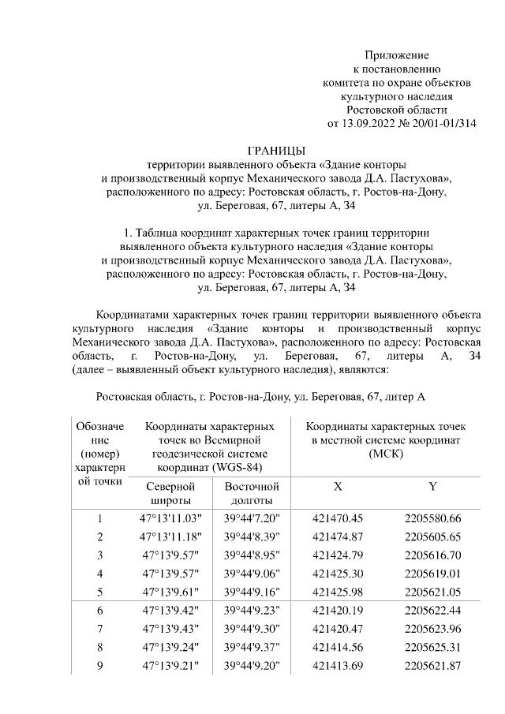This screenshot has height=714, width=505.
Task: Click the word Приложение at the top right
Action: pos(396,55)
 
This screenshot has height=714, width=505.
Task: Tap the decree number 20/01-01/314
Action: pos(443,124)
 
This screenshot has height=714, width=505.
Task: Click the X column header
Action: pos(338,488)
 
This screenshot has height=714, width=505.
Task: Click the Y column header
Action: pos(432,488)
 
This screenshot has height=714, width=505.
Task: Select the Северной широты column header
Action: pos(170,494)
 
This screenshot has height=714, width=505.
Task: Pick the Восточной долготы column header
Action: pos(252,494)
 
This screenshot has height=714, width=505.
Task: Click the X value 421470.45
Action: pos(338,519)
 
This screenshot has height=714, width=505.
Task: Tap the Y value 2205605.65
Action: pos(432,537)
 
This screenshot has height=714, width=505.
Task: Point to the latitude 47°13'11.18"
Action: pos(171,537)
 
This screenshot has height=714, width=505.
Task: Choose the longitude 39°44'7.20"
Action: pos(252,519)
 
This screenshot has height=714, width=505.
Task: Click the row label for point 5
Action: pos(100,592)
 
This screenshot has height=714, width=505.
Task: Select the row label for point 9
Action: pos(100,665)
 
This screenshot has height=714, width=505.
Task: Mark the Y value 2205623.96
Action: pos(432,629)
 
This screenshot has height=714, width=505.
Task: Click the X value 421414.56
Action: pos(338,647)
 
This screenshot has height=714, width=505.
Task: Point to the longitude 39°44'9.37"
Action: pos(252,647)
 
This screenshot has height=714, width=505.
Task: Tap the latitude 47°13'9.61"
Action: pos(171,592)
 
